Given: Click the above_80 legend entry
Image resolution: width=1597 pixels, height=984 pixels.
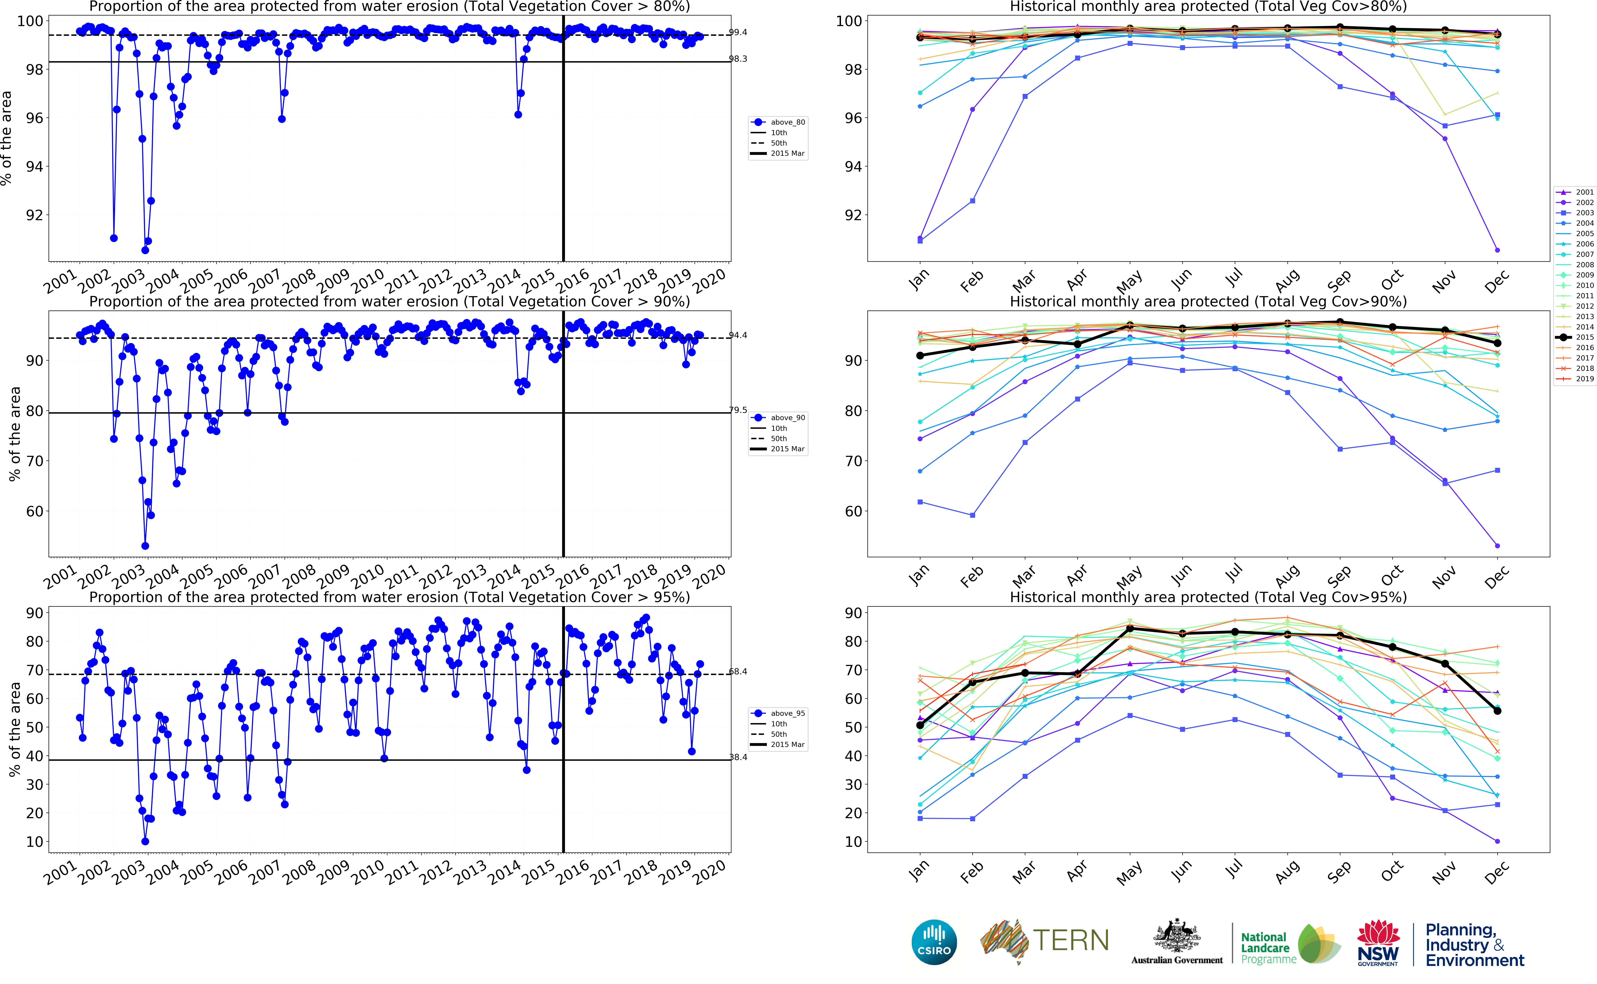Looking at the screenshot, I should [x=787, y=122].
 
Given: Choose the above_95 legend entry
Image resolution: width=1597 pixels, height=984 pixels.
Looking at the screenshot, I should [x=787, y=713].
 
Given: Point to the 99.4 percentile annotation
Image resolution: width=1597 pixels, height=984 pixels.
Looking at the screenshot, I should [x=738, y=32].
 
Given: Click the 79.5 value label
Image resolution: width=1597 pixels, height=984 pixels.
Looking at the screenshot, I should [x=738, y=410].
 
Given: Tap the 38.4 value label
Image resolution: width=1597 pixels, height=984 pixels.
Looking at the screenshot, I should [x=738, y=757].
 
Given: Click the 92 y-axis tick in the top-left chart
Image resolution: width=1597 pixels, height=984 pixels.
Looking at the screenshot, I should [x=34, y=215].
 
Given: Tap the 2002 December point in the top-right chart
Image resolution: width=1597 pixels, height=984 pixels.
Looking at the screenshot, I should [x=1497, y=250].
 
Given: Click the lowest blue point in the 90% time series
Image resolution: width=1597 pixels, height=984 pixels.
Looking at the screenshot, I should [x=145, y=546].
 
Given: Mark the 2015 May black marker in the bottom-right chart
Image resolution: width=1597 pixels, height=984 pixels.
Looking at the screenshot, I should [x=1130, y=629].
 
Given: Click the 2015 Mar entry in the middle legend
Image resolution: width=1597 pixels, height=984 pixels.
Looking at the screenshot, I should [x=787, y=449].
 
